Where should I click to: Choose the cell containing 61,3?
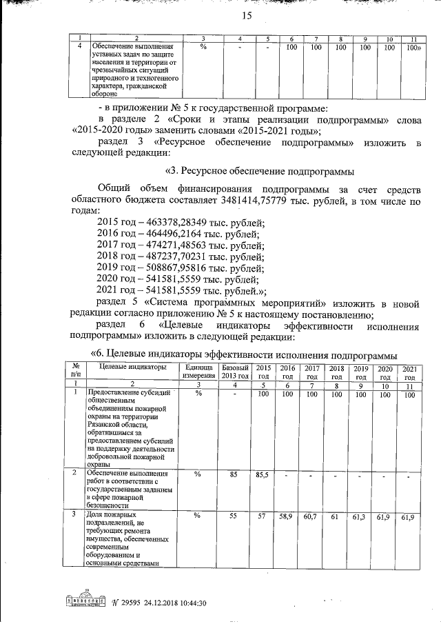(360, 516)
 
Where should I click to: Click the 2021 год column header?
(409, 372)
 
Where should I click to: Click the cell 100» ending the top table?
(413, 48)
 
